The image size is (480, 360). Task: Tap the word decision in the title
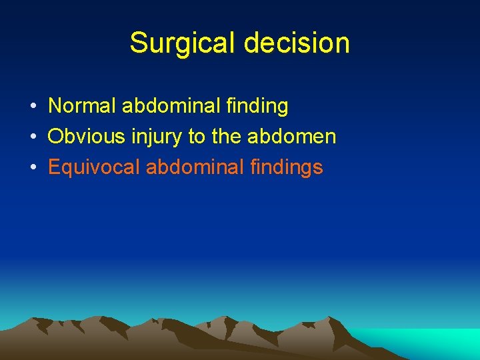(x=297, y=43)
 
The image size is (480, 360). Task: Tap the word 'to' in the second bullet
(x=197, y=137)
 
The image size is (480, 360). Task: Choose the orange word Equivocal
(x=94, y=167)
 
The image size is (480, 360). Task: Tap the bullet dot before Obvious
(x=33, y=137)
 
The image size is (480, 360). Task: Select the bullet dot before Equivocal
(x=33, y=168)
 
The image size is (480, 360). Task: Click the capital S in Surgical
(x=138, y=43)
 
